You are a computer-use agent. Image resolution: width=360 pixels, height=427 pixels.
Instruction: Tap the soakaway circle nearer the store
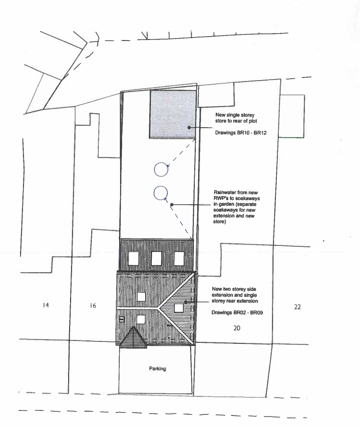[x=160, y=170]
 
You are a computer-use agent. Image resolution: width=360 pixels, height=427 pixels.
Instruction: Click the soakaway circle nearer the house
[x=160, y=193]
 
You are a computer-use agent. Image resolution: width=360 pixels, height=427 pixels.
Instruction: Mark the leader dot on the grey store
[x=189, y=128]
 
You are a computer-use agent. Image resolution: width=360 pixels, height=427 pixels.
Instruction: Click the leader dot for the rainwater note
[x=172, y=204]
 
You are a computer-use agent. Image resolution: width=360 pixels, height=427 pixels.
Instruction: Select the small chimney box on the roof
[x=121, y=317]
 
